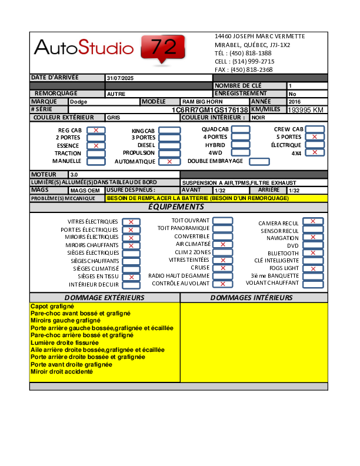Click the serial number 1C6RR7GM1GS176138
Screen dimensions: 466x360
pyautogui.click(x=209, y=110)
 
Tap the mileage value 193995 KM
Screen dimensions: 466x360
pyautogui.click(x=305, y=110)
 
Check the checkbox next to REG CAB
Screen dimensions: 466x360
pyautogui.click(x=96, y=130)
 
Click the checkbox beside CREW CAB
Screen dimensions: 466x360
pyautogui.click(x=315, y=129)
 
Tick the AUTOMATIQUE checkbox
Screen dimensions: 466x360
pyautogui.click(x=169, y=161)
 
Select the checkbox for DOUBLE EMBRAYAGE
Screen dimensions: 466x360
pyautogui.click(x=259, y=161)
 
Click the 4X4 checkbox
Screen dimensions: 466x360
pyautogui.click(x=315, y=152)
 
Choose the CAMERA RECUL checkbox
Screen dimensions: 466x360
pyautogui.click(x=312, y=222)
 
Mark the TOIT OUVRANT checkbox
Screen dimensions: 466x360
pyautogui.click(x=222, y=221)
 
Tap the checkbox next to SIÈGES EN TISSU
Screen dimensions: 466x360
pyautogui.click(x=131, y=277)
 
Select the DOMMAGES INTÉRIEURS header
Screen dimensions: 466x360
pyautogui.click(x=251, y=298)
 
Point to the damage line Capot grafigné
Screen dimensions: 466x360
pyautogui.click(x=52, y=307)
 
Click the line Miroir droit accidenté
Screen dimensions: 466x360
pyautogui.click(x=62, y=372)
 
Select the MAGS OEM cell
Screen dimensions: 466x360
pyautogui.click(x=86, y=191)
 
